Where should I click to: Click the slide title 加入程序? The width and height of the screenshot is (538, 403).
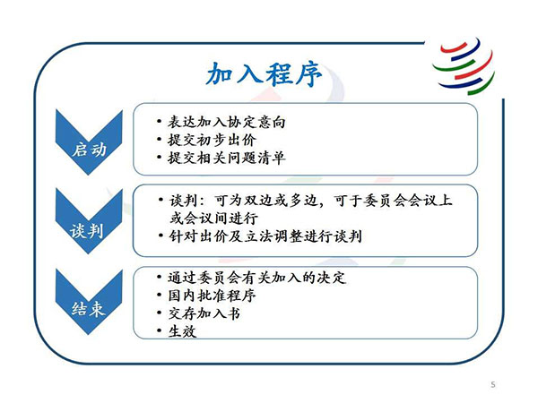pos(264,74)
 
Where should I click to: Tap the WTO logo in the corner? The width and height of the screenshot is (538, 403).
pos(464,66)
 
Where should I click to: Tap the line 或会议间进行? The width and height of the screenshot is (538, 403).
pos(213,219)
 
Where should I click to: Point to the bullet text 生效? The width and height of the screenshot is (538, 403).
pos(182,331)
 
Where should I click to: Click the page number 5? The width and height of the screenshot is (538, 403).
pos(493,384)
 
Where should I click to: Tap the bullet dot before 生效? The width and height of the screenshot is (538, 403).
pos(159,331)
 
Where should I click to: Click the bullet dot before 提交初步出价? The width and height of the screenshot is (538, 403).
pos(159,140)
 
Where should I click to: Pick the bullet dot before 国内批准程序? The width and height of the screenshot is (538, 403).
pos(159,295)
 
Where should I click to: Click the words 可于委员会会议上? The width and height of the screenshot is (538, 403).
pos(394,201)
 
